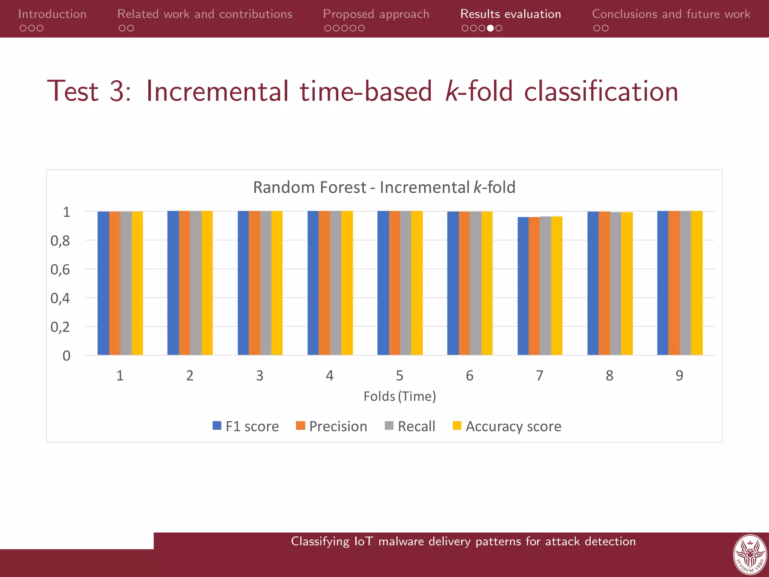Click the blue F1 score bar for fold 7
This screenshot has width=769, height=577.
click(523, 285)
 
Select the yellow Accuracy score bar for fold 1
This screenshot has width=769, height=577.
click(137, 284)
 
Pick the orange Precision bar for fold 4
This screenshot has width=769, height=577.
click(324, 284)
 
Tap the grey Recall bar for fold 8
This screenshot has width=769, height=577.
click(615, 284)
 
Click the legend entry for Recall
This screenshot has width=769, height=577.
click(410, 426)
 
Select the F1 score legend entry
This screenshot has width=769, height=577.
click(246, 426)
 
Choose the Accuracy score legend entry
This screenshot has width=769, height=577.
click(507, 426)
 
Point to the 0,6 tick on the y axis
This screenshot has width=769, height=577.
click(60, 270)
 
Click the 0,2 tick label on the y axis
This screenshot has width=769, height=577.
click(60, 327)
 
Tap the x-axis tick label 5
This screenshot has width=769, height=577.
click(400, 376)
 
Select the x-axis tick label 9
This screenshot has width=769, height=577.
click(679, 376)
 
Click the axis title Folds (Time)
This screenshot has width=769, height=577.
click(400, 396)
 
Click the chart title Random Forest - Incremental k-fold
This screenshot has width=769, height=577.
click(384, 187)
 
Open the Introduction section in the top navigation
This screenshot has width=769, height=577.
click(52, 14)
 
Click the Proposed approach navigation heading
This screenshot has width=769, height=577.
click(376, 14)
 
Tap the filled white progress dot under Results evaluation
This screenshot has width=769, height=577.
click(490, 28)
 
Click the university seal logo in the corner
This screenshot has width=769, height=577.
click(749, 555)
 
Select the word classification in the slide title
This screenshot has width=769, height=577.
click(601, 91)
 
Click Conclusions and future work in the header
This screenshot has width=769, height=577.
click(671, 14)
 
